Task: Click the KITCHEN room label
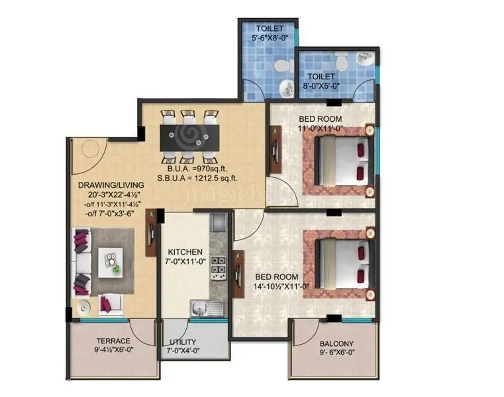(185, 252)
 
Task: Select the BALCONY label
(336, 343)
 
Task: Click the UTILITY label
(182, 342)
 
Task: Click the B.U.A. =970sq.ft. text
(197, 168)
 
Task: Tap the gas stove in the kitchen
(218, 267)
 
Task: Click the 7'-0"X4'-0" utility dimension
(183, 351)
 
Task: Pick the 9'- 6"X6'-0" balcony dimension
(336, 353)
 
